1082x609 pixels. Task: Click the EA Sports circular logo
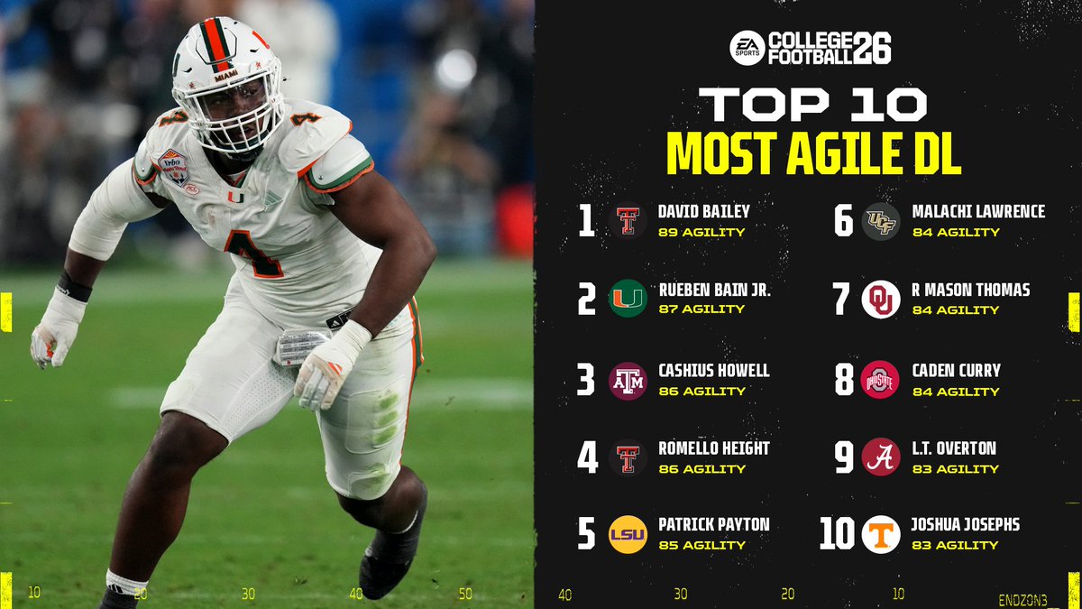point(747,48)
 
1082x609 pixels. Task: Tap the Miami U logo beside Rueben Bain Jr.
point(628,299)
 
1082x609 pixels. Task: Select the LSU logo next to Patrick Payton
point(628,534)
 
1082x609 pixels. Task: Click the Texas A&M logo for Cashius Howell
point(628,380)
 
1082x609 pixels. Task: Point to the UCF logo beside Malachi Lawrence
point(881,221)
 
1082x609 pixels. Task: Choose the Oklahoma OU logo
point(881,300)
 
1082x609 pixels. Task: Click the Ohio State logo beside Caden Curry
point(881,380)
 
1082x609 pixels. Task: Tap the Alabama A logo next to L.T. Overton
point(881,457)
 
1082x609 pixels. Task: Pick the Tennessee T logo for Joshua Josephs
point(881,534)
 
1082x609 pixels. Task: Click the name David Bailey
point(704,212)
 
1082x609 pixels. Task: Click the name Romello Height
point(714,448)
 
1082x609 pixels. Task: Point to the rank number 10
point(837,533)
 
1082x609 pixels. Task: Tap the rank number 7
point(842,300)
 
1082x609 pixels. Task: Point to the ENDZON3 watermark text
point(1022,599)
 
